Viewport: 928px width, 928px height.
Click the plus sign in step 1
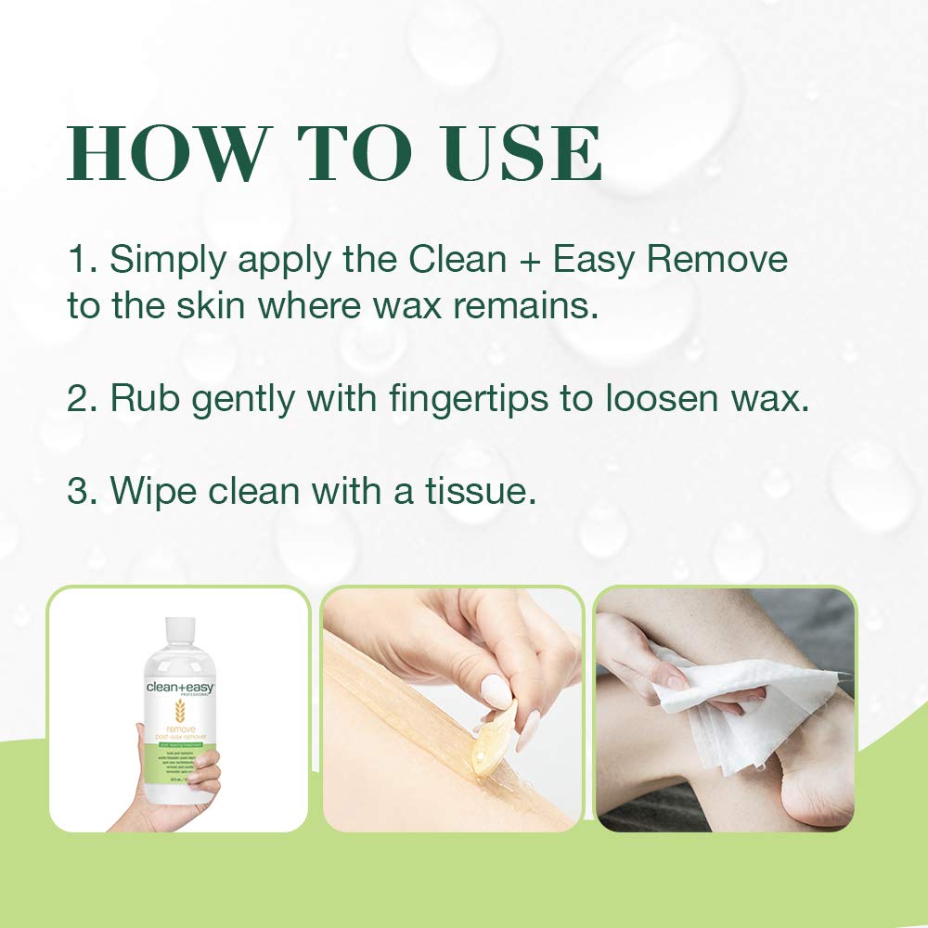point(528,260)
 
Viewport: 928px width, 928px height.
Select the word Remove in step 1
point(717,260)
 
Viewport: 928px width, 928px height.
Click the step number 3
point(79,491)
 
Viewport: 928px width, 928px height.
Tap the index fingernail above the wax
point(496,692)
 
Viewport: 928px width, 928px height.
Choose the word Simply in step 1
point(168,260)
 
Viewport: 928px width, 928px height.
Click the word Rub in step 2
point(140,399)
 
